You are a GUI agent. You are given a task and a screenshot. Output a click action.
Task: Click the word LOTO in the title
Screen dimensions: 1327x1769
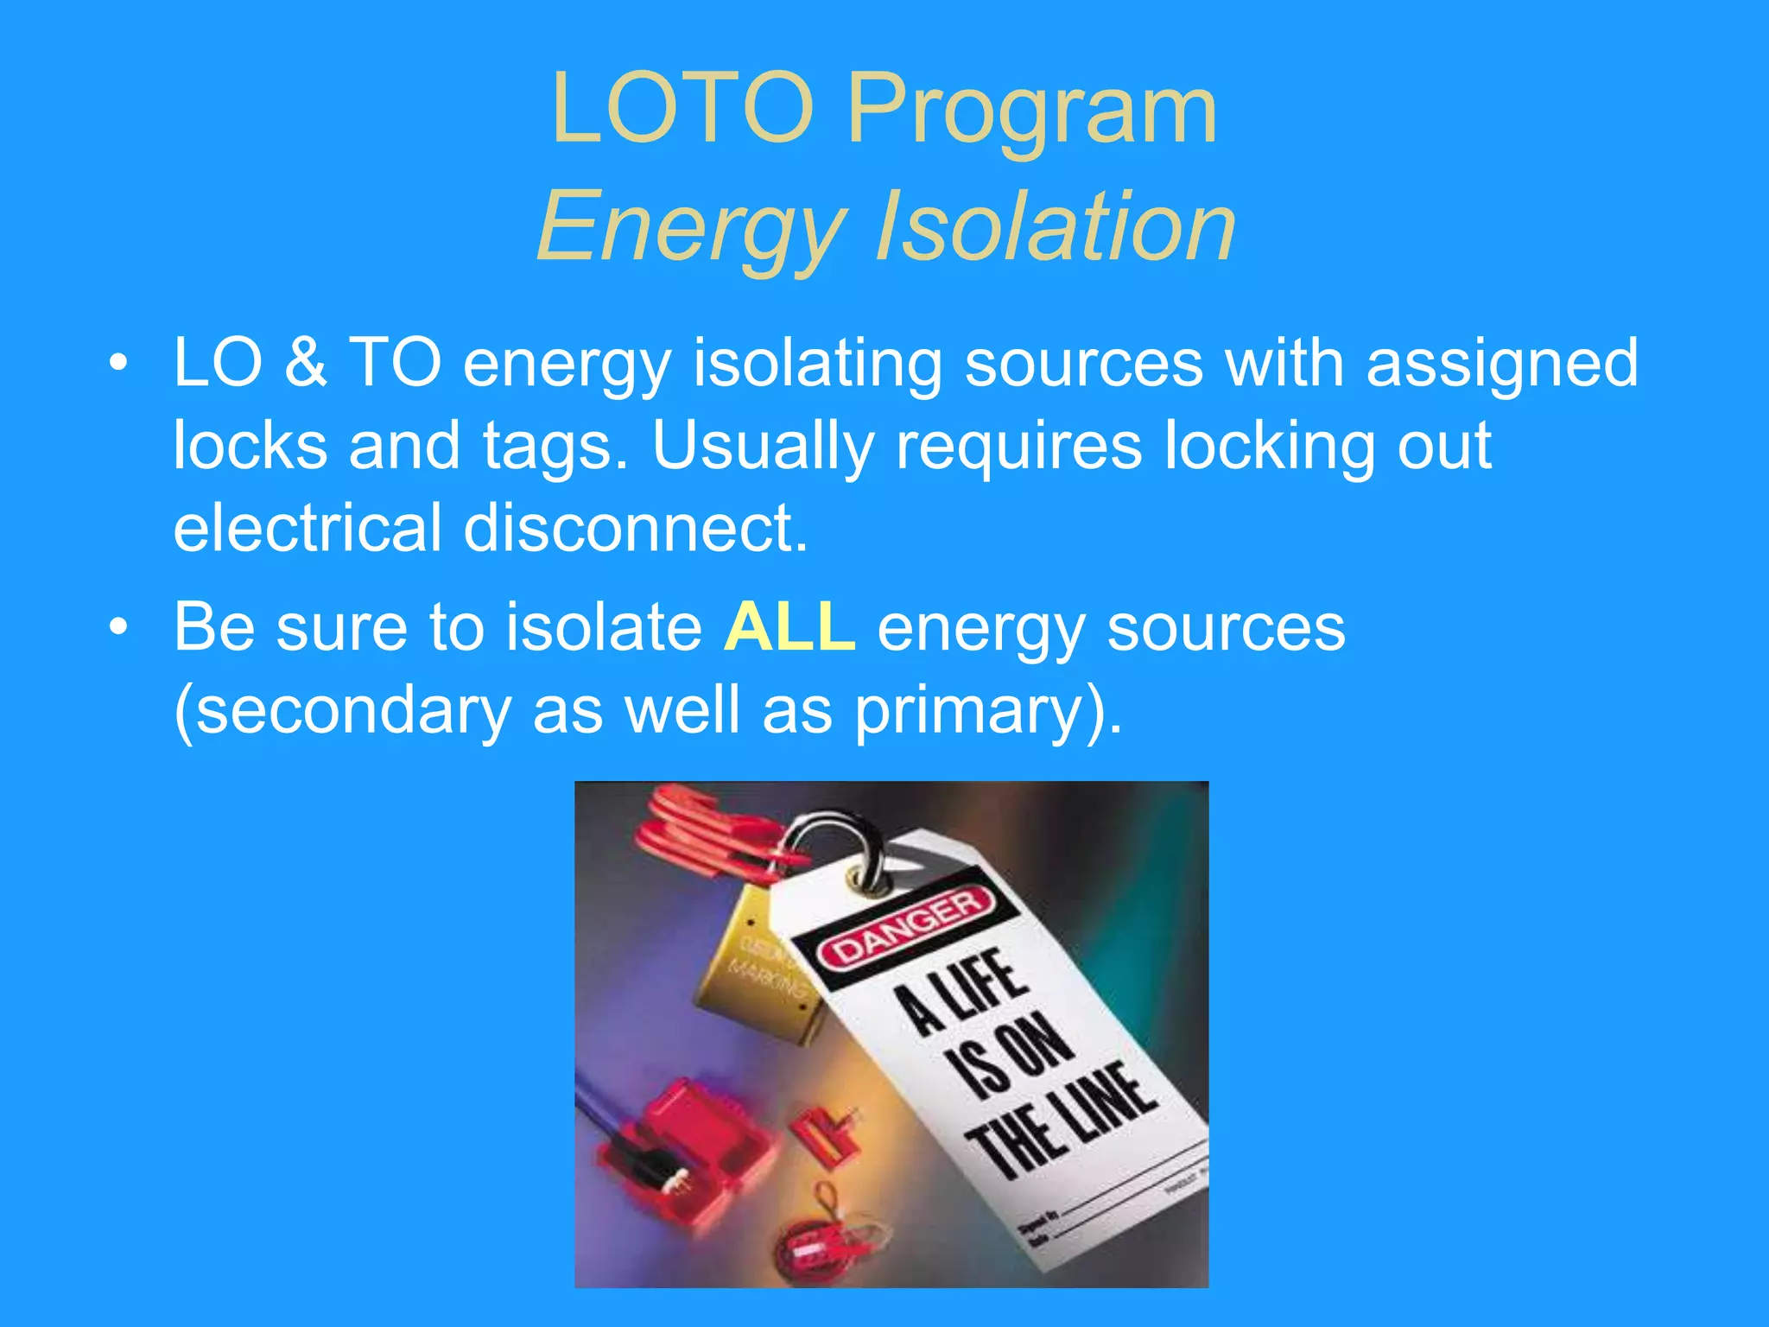682,110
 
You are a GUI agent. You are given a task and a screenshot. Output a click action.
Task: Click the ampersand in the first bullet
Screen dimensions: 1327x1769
306,363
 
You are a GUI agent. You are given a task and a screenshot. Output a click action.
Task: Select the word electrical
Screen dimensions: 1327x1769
308,528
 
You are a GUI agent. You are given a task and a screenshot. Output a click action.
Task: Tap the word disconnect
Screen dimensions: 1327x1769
636,528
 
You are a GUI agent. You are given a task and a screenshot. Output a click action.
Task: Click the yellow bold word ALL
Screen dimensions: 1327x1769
789,627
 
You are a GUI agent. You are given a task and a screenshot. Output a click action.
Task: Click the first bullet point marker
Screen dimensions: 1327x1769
118,363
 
